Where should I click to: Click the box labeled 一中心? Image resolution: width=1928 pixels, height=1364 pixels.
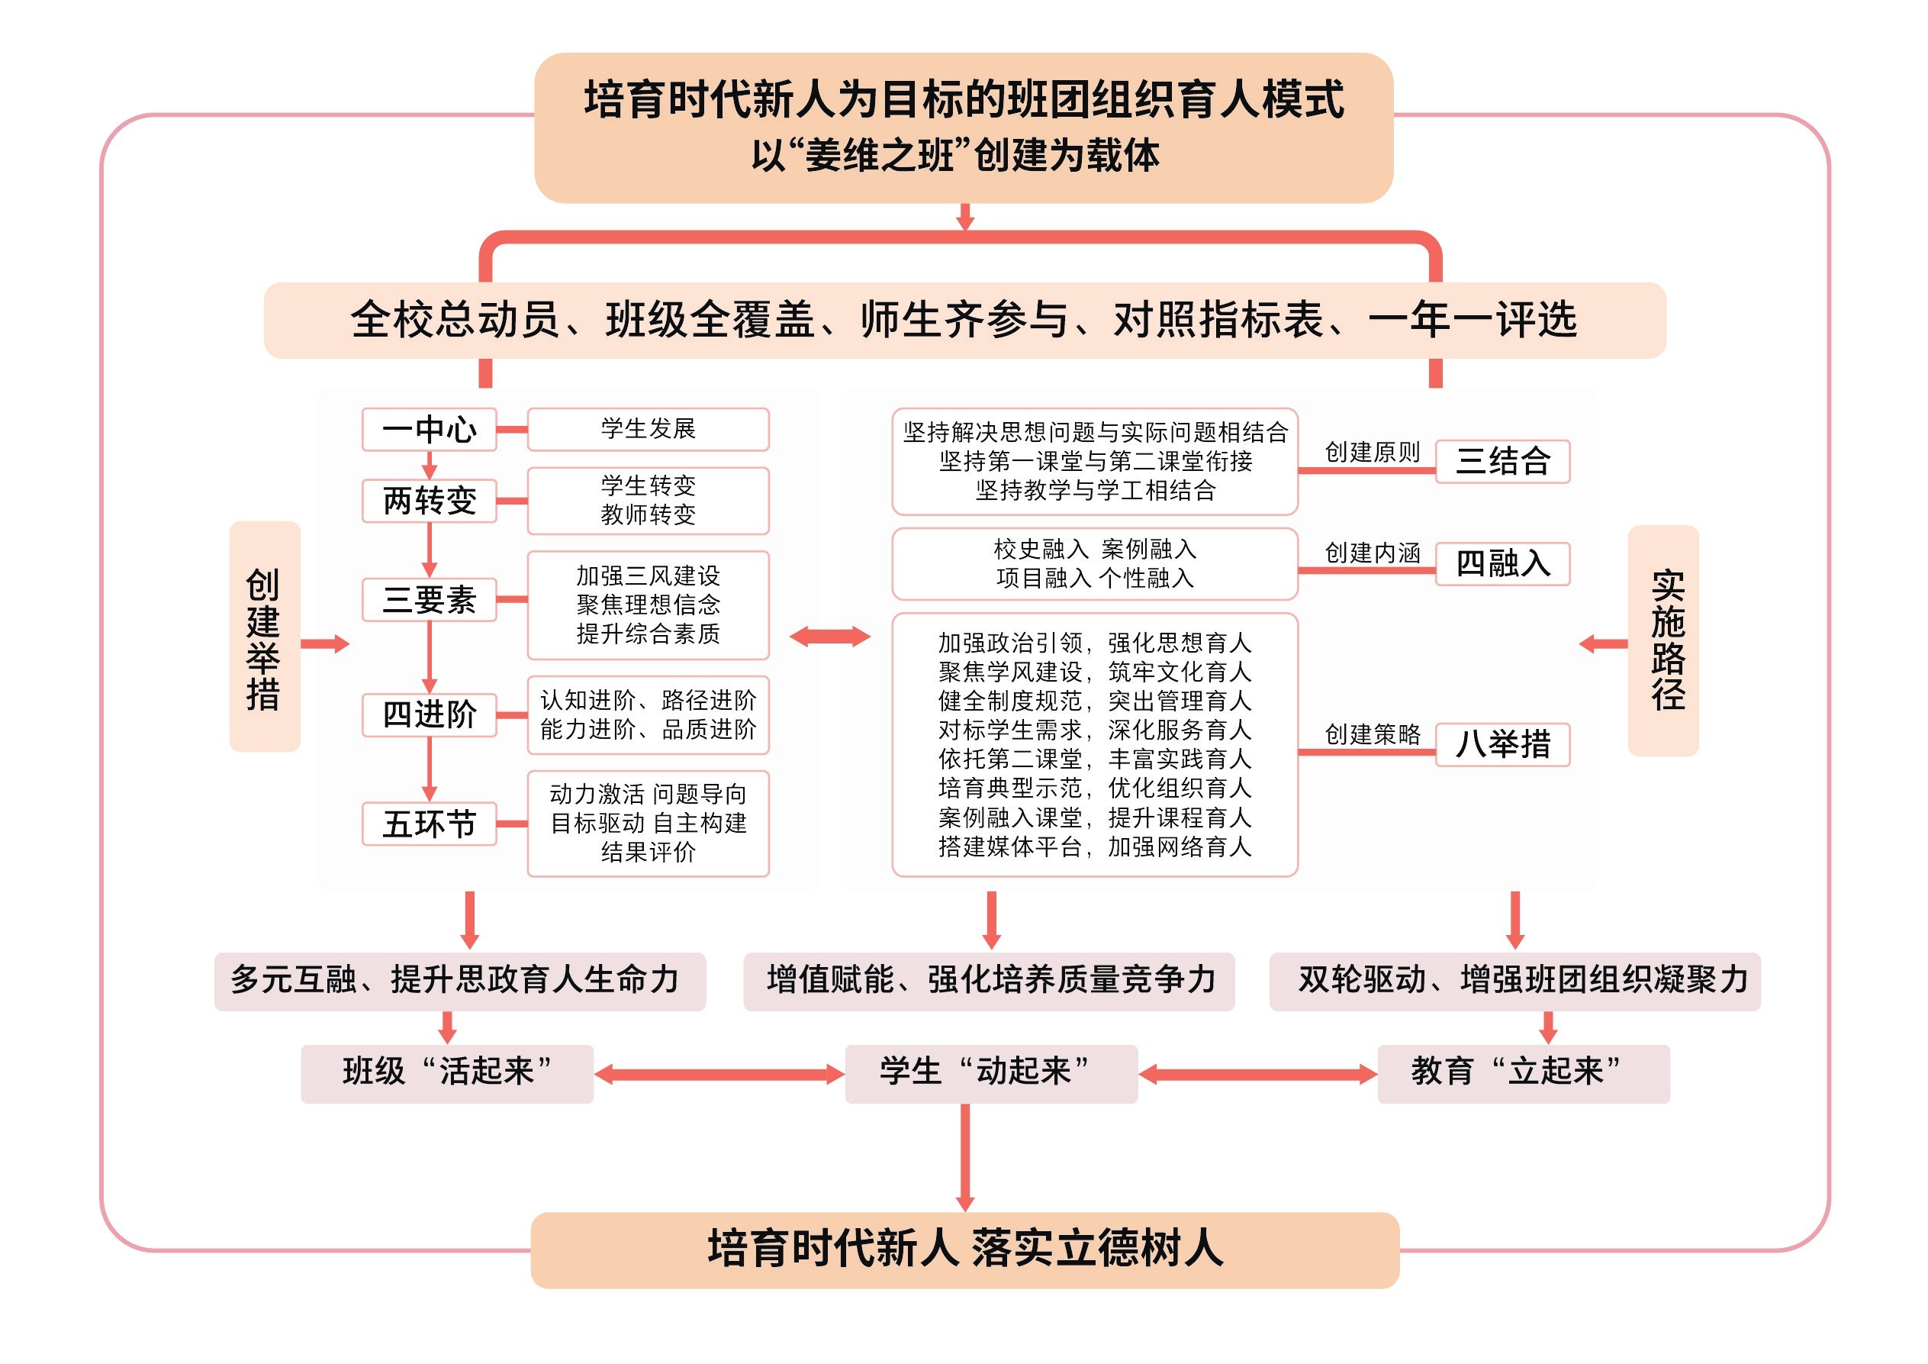click(x=429, y=429)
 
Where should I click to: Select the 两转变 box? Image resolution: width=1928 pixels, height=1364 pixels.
click(x=429, y=501)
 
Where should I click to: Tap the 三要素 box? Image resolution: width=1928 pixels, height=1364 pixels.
click(x=429, y=600)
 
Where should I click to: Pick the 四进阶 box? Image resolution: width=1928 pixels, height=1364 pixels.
click(x=429, y=714)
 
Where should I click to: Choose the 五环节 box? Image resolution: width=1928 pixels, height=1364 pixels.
click(x=429, y=823)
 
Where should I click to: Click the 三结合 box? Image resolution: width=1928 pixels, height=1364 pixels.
click(x=1502, y=461)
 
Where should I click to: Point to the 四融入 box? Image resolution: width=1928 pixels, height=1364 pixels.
click(x=1502, y=563)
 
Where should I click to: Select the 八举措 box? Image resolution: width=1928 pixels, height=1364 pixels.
click(x=1502, y=744)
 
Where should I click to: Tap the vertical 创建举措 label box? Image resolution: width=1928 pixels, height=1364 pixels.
click(x=265, y=637)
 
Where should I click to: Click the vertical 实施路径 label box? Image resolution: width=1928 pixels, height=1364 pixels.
click(x=1663, y=641)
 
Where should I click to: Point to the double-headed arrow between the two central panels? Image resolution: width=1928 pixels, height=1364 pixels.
click(x=829, y=637)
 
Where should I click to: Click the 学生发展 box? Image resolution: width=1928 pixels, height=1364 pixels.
click(x=649, y=429)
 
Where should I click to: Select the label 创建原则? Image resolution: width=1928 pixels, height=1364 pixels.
click(x=1372, y=453)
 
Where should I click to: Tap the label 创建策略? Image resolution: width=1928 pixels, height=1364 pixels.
click(x=1372, y=735)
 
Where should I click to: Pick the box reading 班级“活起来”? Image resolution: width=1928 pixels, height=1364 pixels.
click(x=447, y=1073)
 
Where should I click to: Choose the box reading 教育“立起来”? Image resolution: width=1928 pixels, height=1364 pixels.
click(x=1524, y=1073)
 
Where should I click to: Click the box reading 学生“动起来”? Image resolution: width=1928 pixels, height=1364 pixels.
click(x=991, y=1073)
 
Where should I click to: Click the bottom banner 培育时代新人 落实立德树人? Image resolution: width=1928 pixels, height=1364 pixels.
click(x=965, y=1250)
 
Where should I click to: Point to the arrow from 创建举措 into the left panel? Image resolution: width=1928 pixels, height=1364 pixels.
click(x=325, y=644)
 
